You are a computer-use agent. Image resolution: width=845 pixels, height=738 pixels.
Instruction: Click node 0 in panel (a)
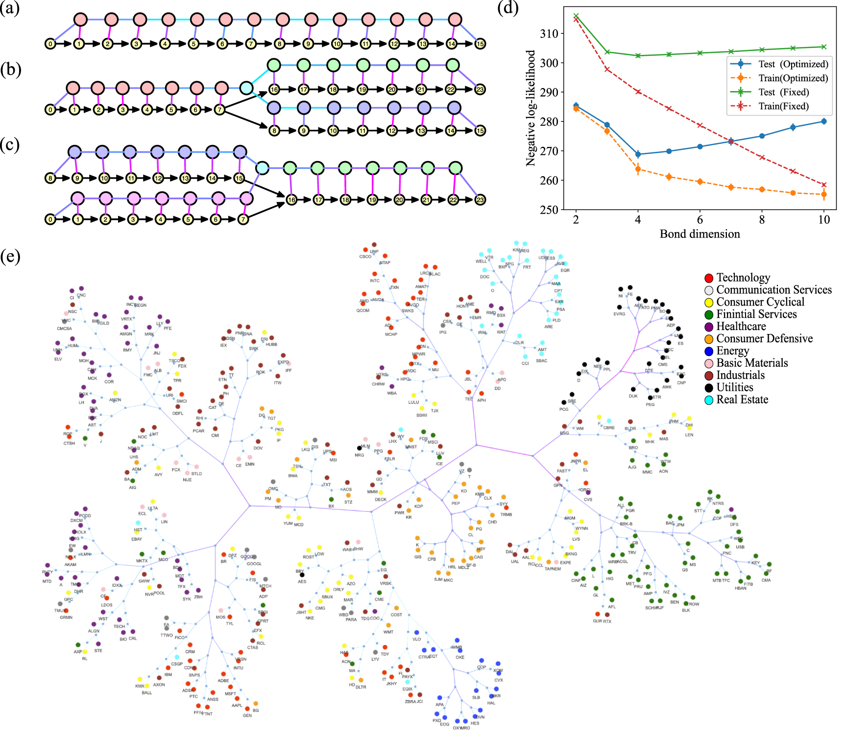tap(50, 44)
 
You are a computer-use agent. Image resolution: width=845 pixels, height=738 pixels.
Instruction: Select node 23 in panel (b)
tap(480, 89)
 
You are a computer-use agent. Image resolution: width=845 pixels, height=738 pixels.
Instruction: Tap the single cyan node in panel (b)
tap(246, 88)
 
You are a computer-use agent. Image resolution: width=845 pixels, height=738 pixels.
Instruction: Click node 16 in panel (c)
tap(291, 200)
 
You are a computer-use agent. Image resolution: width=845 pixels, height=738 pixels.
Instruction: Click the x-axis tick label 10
tap(824, 220)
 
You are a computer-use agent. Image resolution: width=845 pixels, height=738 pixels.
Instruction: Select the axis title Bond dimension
tap(700, 234)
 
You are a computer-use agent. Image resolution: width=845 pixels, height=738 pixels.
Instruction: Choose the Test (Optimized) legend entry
tap(779, 64)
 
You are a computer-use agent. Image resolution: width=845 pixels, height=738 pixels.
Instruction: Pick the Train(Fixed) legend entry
tap(779, 106)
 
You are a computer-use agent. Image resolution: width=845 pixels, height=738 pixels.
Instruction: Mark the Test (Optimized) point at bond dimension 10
tap(824, 121)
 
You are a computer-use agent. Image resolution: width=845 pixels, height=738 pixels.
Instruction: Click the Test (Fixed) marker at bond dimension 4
tap(638, 56)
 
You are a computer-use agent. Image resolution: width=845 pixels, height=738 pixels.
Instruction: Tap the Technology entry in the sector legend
tap(743, 278)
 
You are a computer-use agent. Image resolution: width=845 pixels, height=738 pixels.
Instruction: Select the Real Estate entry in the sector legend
tap(742, 400)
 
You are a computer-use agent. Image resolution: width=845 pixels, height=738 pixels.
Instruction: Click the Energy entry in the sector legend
tap(732, 351)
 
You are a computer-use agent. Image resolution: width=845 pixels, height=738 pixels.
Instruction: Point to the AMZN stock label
tap(115, 400)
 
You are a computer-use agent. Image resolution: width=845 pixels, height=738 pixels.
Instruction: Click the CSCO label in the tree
tap(365, 257)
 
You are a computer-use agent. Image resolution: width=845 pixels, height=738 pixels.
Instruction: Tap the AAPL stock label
tap(237, 706)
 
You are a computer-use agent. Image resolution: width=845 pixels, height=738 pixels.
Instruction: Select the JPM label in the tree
tap(680, 525)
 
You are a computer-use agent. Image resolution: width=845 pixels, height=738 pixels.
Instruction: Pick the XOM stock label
tap(498, 670)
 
